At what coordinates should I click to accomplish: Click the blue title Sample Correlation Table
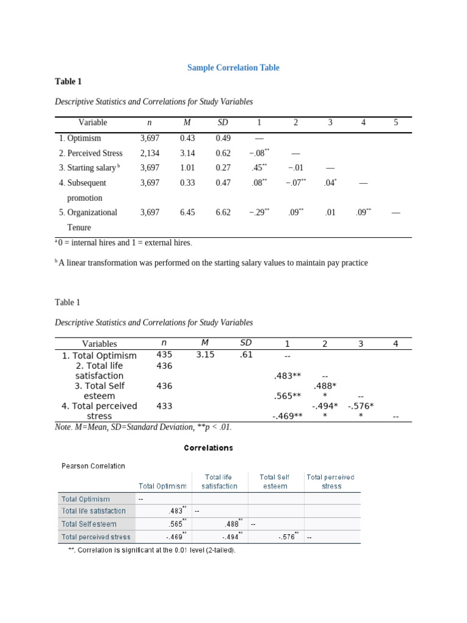coord(233,68)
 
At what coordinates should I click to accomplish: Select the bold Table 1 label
coord(67,82)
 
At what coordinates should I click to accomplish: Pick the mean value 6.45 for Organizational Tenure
coord(187,212)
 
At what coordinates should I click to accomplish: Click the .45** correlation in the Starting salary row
coord(259,168)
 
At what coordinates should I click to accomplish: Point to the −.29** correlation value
coord(259,212)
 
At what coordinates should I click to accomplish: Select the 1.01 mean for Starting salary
coord(187,168)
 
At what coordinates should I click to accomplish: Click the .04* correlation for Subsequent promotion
coord(330,183)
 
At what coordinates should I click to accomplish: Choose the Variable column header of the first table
coord(92,122)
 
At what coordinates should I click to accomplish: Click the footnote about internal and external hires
coord(123,243)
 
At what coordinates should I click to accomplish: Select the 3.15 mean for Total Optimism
coord(205,355)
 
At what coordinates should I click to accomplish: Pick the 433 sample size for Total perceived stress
coord(164,406)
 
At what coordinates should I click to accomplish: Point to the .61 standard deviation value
coord(246,355)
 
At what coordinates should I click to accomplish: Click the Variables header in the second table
coord(100,344)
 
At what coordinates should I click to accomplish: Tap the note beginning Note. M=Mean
coord(143,427)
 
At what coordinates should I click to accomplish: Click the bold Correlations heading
coord(208,448)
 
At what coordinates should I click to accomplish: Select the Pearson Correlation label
coord(93,466)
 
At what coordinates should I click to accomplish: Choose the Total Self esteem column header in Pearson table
coord(275,481)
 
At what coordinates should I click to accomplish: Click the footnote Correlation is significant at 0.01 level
coord(151,550)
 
